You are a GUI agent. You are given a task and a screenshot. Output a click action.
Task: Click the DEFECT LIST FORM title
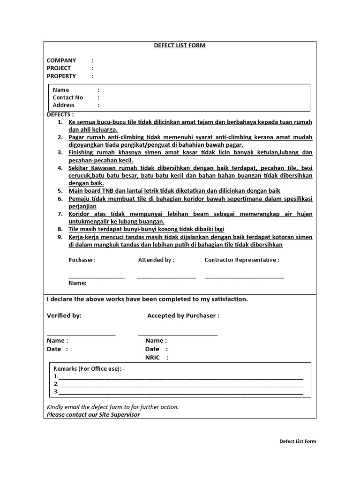(x=180, y=45)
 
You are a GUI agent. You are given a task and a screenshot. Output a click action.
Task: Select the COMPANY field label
(x=61, y=60)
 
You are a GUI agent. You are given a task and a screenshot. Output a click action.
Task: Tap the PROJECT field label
(x=59, y=68)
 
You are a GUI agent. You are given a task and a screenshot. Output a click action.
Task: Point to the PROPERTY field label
(x=61, y=76)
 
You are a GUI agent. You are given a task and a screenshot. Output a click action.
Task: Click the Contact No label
(x=68, y=97)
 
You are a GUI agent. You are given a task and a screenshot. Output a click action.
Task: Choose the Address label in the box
(x=64, y=105)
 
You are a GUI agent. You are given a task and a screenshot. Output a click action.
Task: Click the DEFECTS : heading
(x=60, y=114)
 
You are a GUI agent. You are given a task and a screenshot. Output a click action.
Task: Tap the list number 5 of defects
(x=60, y=191)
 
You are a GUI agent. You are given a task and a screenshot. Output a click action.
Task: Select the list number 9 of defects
(x=60, y=237)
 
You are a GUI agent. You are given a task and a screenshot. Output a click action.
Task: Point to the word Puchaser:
(x=82, y=260)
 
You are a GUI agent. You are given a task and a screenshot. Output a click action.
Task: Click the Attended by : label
(x=156, y=260)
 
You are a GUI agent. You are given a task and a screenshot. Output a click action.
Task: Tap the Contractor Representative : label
(x=242, y=260)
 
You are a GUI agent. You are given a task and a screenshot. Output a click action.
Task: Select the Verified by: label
(x=64, y=315)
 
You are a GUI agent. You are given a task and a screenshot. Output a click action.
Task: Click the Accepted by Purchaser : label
(x=183, y=315)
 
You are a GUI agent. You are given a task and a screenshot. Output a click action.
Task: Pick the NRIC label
(x=153, y=358)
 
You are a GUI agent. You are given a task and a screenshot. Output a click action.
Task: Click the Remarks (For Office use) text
(x=89, y=369)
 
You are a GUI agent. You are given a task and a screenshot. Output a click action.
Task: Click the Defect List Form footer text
(x=298, y=441)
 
